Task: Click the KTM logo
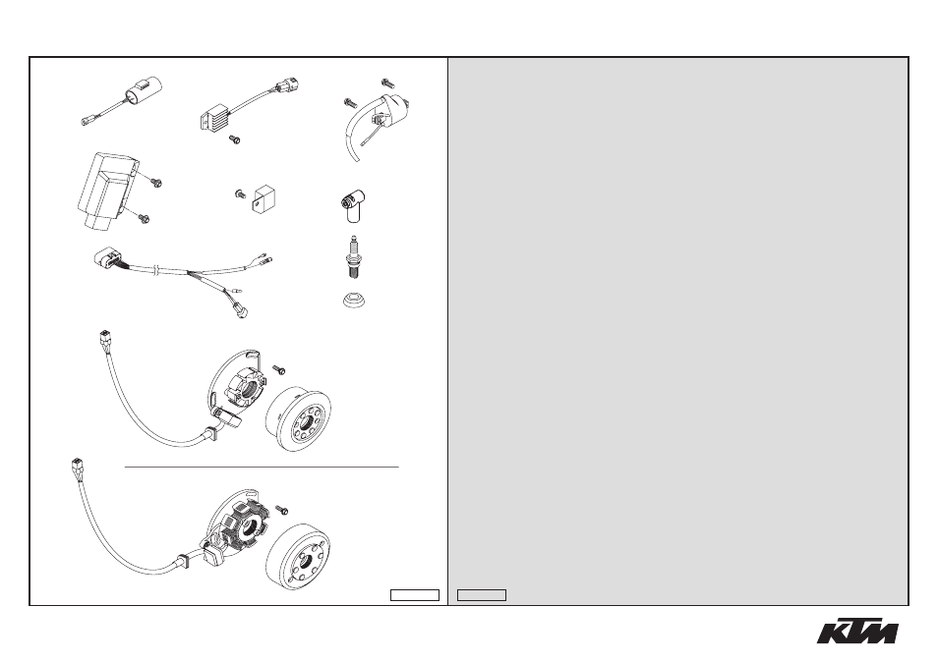click(x=857, y=630)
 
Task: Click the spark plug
click(x=354, y=257)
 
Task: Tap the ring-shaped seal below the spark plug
click(x=355, y=301)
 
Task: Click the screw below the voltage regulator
click(x=234, y=139)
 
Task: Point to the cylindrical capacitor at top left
click(x=143, y=92)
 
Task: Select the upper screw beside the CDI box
click(x=156, y=182)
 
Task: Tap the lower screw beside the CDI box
click(x=143, y=219)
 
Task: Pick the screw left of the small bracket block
click(x=239, y=193)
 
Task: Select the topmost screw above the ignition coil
click(x=387, y=83)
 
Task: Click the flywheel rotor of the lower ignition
click(x=297, y=557)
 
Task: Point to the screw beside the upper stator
click(x=278, y=370)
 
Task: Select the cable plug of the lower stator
click(x=77, y=465)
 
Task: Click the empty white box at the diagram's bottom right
click(x=415, y=595)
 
